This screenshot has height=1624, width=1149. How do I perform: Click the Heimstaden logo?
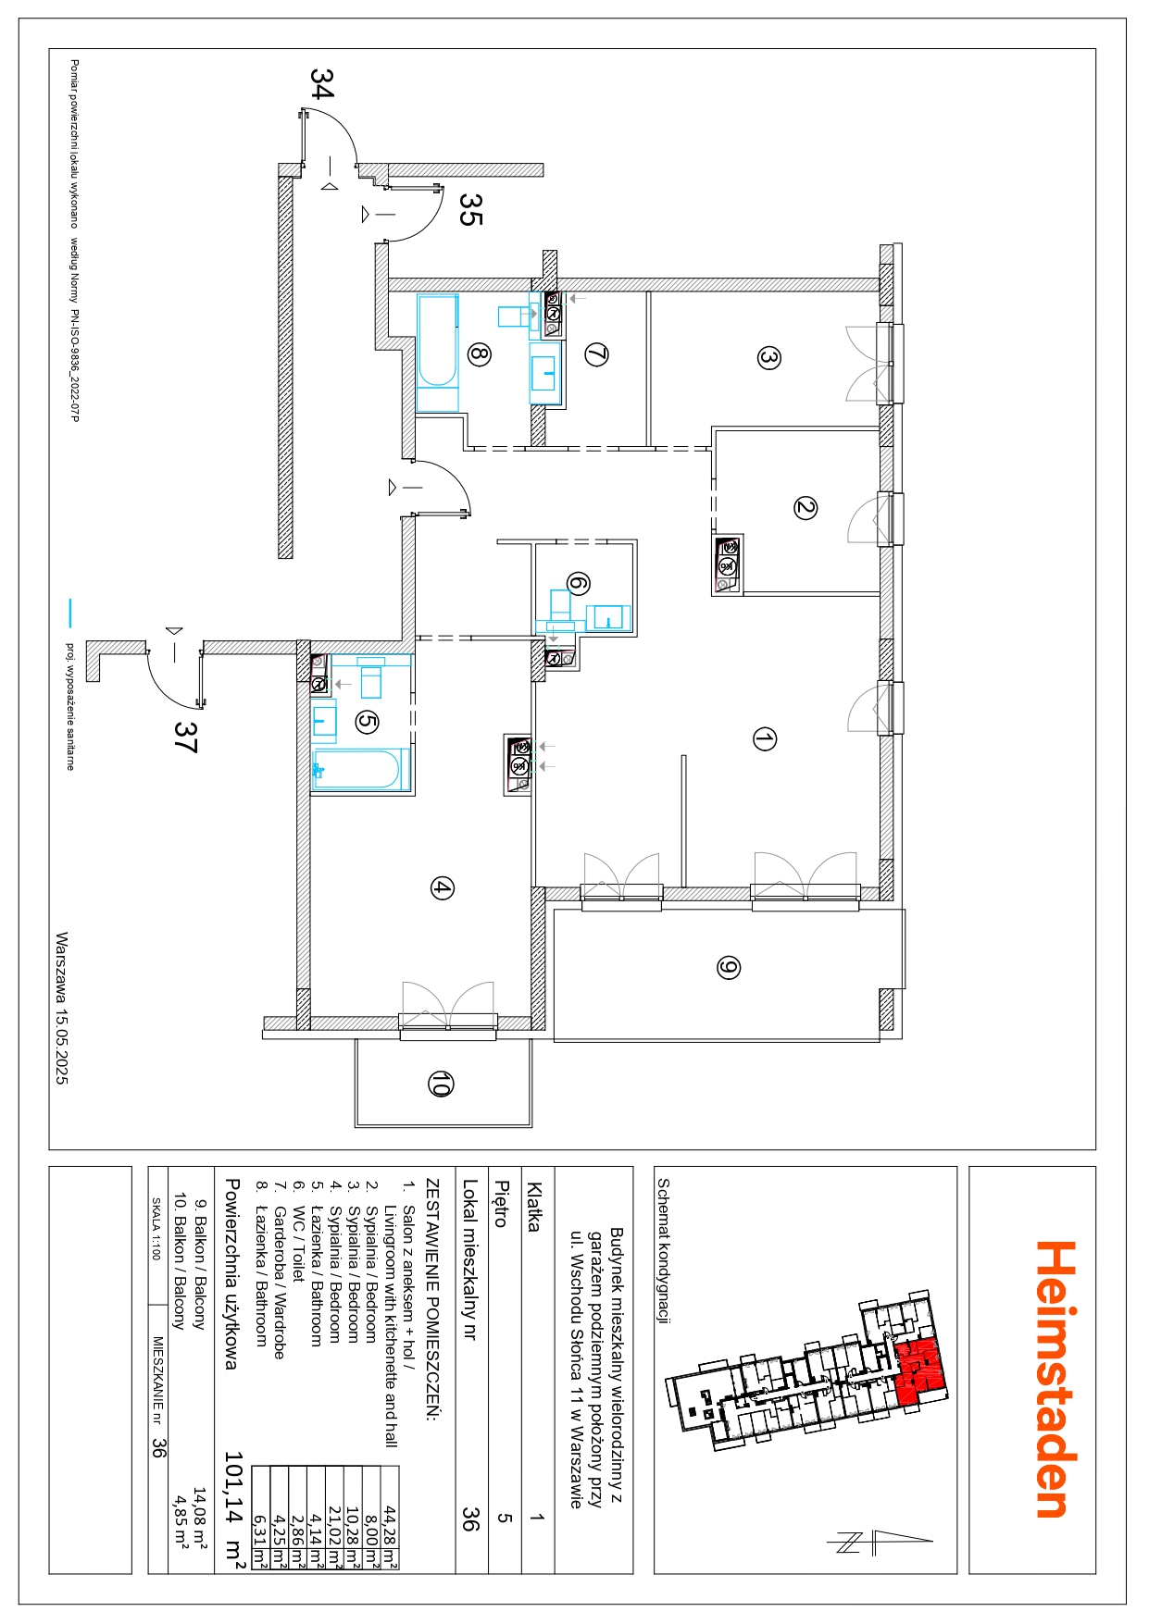[1055, 1379]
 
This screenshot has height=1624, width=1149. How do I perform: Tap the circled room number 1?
[765, 739]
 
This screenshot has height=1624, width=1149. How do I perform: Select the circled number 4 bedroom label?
[442, 888]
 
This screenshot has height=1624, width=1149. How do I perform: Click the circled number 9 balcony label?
[729, 968]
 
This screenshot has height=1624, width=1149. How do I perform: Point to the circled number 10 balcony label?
[441, 1084]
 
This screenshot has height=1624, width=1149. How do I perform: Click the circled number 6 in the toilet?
[578, 584]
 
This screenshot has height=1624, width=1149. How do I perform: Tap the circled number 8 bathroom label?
[479, 353]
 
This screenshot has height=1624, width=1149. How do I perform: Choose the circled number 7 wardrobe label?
[596, 354]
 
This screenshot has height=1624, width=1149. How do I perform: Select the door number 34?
[321, 83]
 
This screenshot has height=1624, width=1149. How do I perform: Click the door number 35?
[470, 209]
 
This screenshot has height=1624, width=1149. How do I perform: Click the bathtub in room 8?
[438, 353]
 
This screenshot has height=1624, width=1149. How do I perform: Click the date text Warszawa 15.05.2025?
[62, 1008]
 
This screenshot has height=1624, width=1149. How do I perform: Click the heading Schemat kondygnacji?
[664, 1250]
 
